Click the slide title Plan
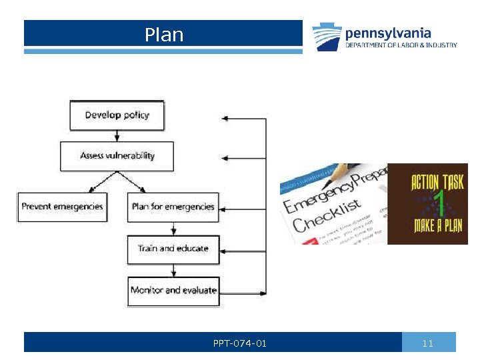point(164,35)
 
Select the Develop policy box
point(117,115)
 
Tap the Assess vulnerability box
point(117,156)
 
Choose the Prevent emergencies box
point(62,207)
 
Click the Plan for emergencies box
point(173,207)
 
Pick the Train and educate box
point(173,249)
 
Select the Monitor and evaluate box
point(173,291)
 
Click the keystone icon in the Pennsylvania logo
point(327,37)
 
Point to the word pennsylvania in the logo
point(387,33)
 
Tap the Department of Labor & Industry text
point(401,45)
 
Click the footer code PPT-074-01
point(240,343)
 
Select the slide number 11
point(428,343)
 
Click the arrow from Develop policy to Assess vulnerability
point(117,135)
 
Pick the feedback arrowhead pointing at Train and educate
point(225,252)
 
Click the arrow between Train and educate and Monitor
point(173,271)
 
